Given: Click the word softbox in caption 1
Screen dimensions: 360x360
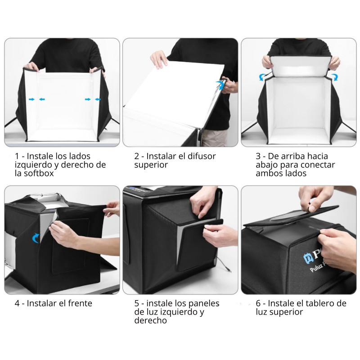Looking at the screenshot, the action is click(39, 173).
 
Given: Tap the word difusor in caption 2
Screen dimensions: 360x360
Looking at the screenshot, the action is click(202, 156).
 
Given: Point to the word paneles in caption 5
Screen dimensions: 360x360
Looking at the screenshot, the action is click(204, 303).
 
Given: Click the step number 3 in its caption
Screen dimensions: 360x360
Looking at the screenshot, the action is click(258, 156).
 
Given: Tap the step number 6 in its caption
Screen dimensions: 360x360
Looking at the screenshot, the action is click(258, 303).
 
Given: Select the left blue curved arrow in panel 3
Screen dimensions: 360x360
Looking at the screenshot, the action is click(262, 77).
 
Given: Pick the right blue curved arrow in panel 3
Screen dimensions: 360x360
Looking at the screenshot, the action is click(335, 77).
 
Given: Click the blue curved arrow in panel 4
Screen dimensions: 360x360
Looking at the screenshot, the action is click(36, 238).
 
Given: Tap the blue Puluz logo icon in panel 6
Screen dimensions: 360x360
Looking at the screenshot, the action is click(308, 258).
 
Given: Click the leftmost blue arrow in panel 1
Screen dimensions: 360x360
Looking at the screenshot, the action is click(31, 99).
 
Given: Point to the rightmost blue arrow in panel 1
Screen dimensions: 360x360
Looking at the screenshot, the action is click(98, 99).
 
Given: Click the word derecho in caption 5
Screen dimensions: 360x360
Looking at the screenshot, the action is click(151, 320).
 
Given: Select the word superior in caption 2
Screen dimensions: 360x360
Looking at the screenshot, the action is click(151, 165).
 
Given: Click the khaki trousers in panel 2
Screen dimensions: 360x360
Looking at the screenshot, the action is click(214, 138).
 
